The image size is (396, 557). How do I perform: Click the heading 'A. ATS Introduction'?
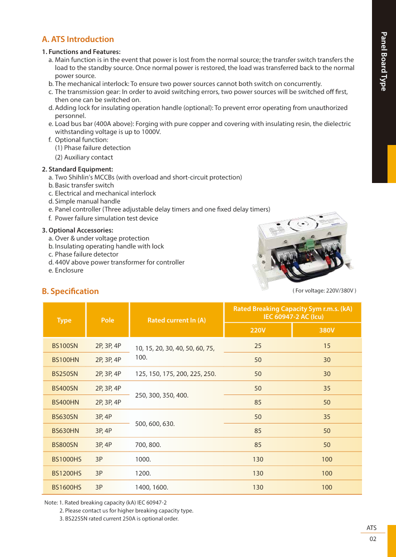(78, 39)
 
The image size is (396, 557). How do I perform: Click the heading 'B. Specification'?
(70, 291)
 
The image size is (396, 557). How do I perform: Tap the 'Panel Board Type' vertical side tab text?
(383, 61)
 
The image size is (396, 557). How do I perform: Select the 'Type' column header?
(64, 320)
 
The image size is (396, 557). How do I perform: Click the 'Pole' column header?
(107, 320)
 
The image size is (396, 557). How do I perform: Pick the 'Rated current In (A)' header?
(176, 320)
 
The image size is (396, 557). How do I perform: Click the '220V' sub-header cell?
(257, 330)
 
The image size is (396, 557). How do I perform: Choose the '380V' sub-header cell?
(326, 330)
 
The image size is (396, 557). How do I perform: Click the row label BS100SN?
(65, 345)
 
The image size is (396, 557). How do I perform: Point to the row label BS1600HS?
(66, 487)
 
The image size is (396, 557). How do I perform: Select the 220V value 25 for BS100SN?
(257, 345)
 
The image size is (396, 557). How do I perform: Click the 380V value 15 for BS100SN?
(326, 345)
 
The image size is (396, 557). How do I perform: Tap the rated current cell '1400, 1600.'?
(151, 487)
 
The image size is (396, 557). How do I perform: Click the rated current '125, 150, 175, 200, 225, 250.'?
(175, 373)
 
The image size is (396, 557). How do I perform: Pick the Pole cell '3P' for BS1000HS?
(99, 459)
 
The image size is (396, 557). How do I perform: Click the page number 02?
(373, 539)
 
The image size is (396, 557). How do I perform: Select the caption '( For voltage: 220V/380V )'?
(324, 290)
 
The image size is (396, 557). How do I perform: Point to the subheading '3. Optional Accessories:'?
(77, 230)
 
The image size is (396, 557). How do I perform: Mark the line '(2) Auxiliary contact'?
(84, 157)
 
